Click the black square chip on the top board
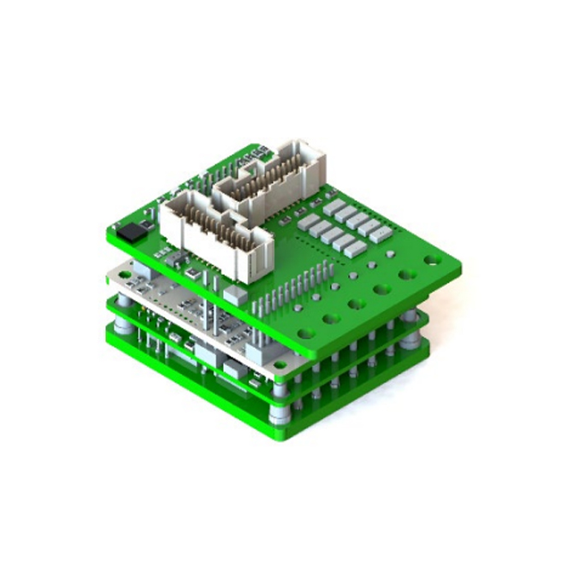[133, 231]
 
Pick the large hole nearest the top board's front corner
[328, 318]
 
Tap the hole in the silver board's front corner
[280, 367]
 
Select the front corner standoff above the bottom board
[280, 413]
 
